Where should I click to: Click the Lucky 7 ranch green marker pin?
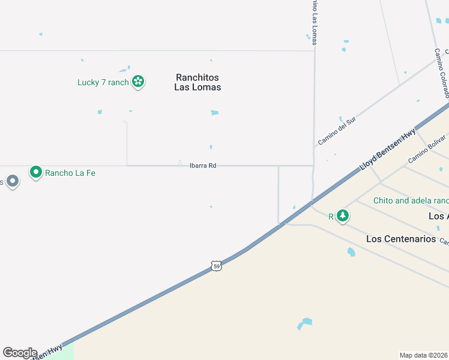point(138,81)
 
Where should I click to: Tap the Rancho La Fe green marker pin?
point(36,173)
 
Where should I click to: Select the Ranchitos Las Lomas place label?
point(197,82)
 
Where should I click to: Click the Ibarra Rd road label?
point(202,166)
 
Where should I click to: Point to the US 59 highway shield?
point(217,265)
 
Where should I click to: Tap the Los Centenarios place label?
point(401,239)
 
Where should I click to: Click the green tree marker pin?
point(342,215)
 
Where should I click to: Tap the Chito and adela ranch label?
point(411,200)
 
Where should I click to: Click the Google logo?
point(20,353)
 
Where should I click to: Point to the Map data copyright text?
point(424,355)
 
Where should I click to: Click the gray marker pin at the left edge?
point(13,181)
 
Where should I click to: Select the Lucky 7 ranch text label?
point(103,82)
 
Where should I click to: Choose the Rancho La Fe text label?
point(70,173)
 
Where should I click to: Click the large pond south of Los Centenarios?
point(306,323)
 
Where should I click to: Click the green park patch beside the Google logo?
point(67,352)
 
